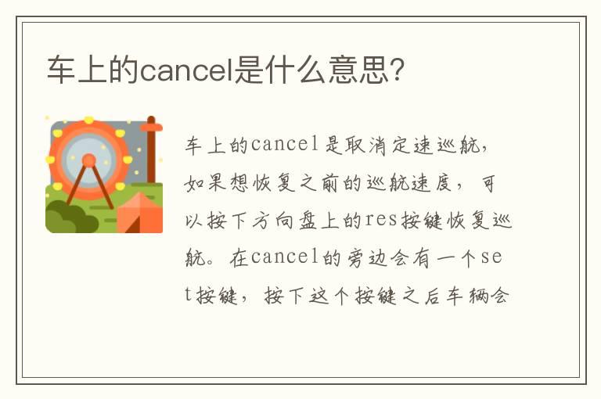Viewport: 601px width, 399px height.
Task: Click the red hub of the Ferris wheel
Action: pyautogui.click(x=88, y=160)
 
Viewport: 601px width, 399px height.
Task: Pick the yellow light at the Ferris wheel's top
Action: pyautogui.click(x=88, y=120)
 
